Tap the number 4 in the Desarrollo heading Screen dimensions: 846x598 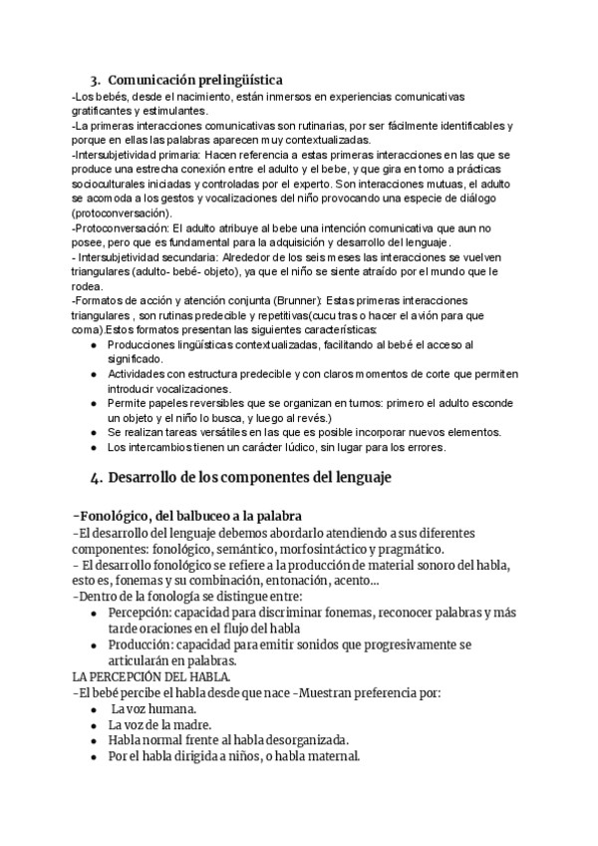(94, 478)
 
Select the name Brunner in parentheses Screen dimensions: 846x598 (295, 301)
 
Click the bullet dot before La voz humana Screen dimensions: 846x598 (93, 708)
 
